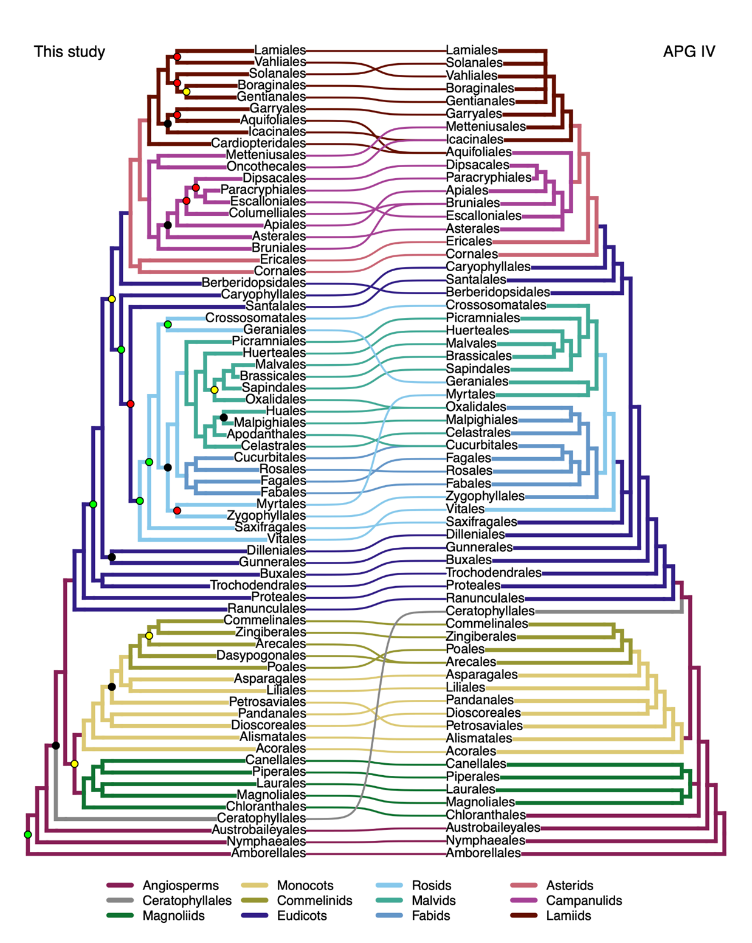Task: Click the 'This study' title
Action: pyautogui.click(x=69, y=52)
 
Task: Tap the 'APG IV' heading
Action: pyautogui.click(x=689, y=52)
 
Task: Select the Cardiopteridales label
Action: pyautogui.click(x=258, y=143)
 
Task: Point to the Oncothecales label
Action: pyautogui.click(x=266, y=167)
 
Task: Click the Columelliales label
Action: pyautogui.click(x=267, y=213)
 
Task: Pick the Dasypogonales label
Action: pyautogui.click(x=261, y=655)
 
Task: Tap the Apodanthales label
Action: pyautogui.click(x=266, y=434)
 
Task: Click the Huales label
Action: pyautogui.click(x=285, y=411)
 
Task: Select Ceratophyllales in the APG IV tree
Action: pyautogui.click(x=490, y=611)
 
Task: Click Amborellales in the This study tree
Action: pyautogui.click(x=268, y=853)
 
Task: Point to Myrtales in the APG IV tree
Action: pyautogui.click(x=470, y=394)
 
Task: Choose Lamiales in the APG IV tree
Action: pyautogui.click(x=472, y=50)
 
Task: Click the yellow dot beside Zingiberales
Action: pyautogui.click(x=149, y=636)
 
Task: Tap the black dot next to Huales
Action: pyautogui.click(x=224, y=418)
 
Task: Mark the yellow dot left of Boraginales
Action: pyautogui.click(x=187, y=92)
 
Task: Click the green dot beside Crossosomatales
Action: pyautogui.click(x=168, y=325)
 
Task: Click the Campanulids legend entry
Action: pyautogui.click(x=584, y=900)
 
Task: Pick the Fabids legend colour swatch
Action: pyautogui.click(x=389, y=916)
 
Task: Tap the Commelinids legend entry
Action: pyautogui.click(x=314, y=900)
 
